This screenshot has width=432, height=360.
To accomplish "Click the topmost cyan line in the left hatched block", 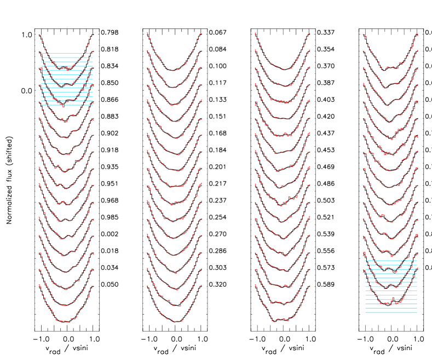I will pos(67,54).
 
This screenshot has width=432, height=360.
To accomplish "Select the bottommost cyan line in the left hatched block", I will pos(67,105).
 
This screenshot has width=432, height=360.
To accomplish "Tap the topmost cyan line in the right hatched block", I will pos(391,260).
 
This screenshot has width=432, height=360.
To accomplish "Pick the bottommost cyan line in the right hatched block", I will pos(391,312).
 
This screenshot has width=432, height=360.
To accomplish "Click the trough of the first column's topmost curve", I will pos(65,69).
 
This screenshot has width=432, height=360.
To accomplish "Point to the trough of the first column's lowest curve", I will pos(64,322).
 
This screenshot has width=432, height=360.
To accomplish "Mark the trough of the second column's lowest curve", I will pos(175,322).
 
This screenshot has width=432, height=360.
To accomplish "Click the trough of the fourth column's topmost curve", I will pos(390,68).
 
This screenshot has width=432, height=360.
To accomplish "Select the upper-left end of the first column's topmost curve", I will pos(39,36).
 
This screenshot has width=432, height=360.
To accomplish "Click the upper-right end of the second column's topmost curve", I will pos(201,34).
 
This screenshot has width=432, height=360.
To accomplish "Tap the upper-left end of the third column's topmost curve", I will pos(255,33).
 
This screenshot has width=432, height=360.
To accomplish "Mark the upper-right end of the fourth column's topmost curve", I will pos(417,34).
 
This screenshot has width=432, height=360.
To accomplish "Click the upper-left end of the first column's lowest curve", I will pos(39,285).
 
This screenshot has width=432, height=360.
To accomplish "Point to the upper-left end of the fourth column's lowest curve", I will pos(364,268).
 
